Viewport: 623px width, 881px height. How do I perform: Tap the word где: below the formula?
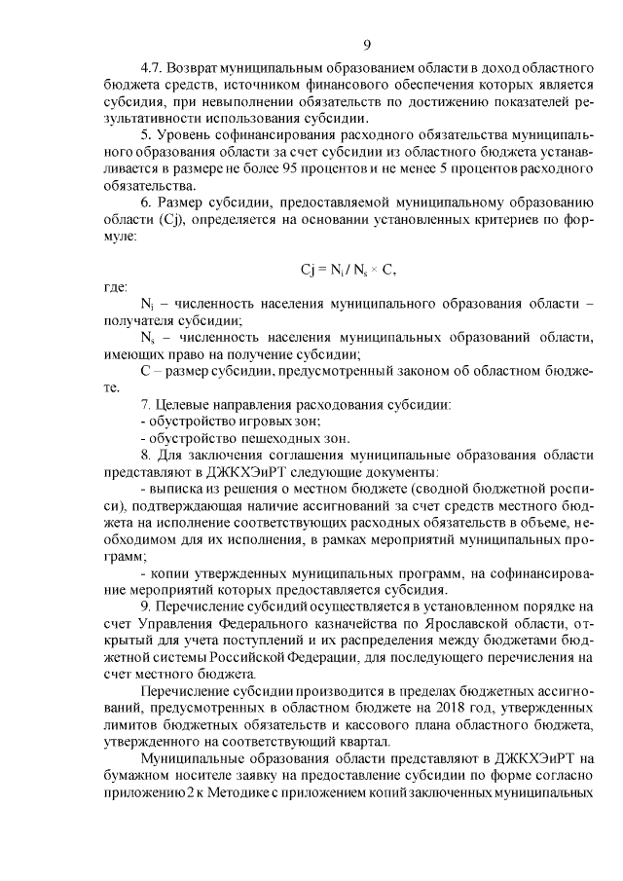point(116,287)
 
